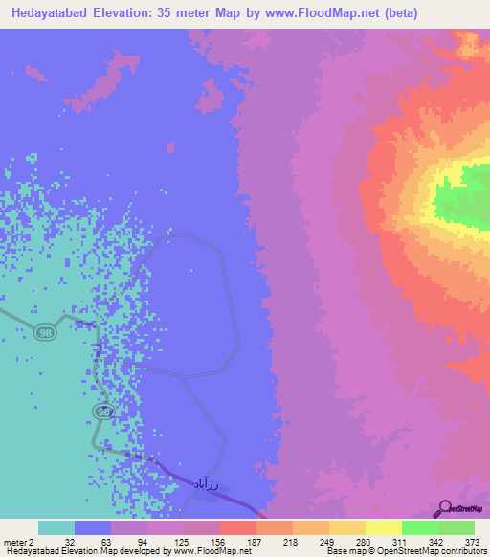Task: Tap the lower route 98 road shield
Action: [x=101, y=411]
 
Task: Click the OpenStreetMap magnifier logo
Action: [x=444, y=508]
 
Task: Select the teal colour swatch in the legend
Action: [x=56, y=527]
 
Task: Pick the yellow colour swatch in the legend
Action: [x=383, y=527]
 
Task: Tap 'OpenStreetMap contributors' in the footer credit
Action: [x=436, y=551]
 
